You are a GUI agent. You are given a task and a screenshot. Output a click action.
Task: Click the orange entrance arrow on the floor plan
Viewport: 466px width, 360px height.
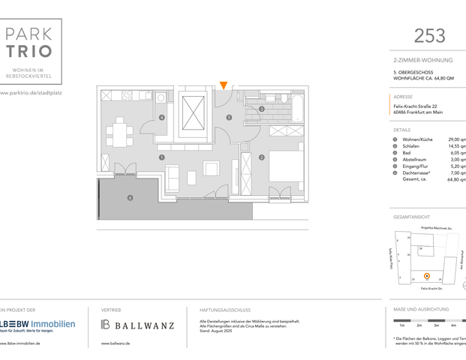click(x=223, y=85)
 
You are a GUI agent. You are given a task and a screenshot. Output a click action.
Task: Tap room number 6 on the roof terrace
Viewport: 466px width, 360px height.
click(x=131, y=197)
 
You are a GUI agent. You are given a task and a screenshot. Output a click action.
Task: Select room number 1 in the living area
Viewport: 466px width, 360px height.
click(x=162, y=157)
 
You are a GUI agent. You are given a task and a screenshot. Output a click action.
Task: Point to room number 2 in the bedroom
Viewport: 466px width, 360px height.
click(x=260, y=157)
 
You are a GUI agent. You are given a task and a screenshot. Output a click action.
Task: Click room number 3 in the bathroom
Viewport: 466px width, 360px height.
click(x=261, y=109)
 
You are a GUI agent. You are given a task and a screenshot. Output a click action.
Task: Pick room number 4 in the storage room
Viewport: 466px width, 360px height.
click(x=162, y=118)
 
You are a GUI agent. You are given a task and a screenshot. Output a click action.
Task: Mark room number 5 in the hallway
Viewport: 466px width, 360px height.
click(x=230, y=118)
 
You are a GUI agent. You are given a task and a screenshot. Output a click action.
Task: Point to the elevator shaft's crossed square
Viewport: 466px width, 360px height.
click(x=192, y=114)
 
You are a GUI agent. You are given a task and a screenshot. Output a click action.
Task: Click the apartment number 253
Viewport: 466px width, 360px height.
click(x=429, y=35)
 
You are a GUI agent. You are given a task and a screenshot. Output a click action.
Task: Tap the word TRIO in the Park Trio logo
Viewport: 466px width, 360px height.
click(x=31, y=51)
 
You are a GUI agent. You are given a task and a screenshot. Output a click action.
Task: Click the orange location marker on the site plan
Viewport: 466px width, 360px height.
click(x=427, y=276)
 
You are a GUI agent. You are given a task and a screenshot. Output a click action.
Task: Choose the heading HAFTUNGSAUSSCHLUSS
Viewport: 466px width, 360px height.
click(x=225, y=310)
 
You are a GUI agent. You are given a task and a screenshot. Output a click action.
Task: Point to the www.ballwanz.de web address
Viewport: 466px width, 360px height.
click(x=116, y=343)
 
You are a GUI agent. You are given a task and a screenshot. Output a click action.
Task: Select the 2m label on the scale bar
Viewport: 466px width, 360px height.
click(x=419, y=325)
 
